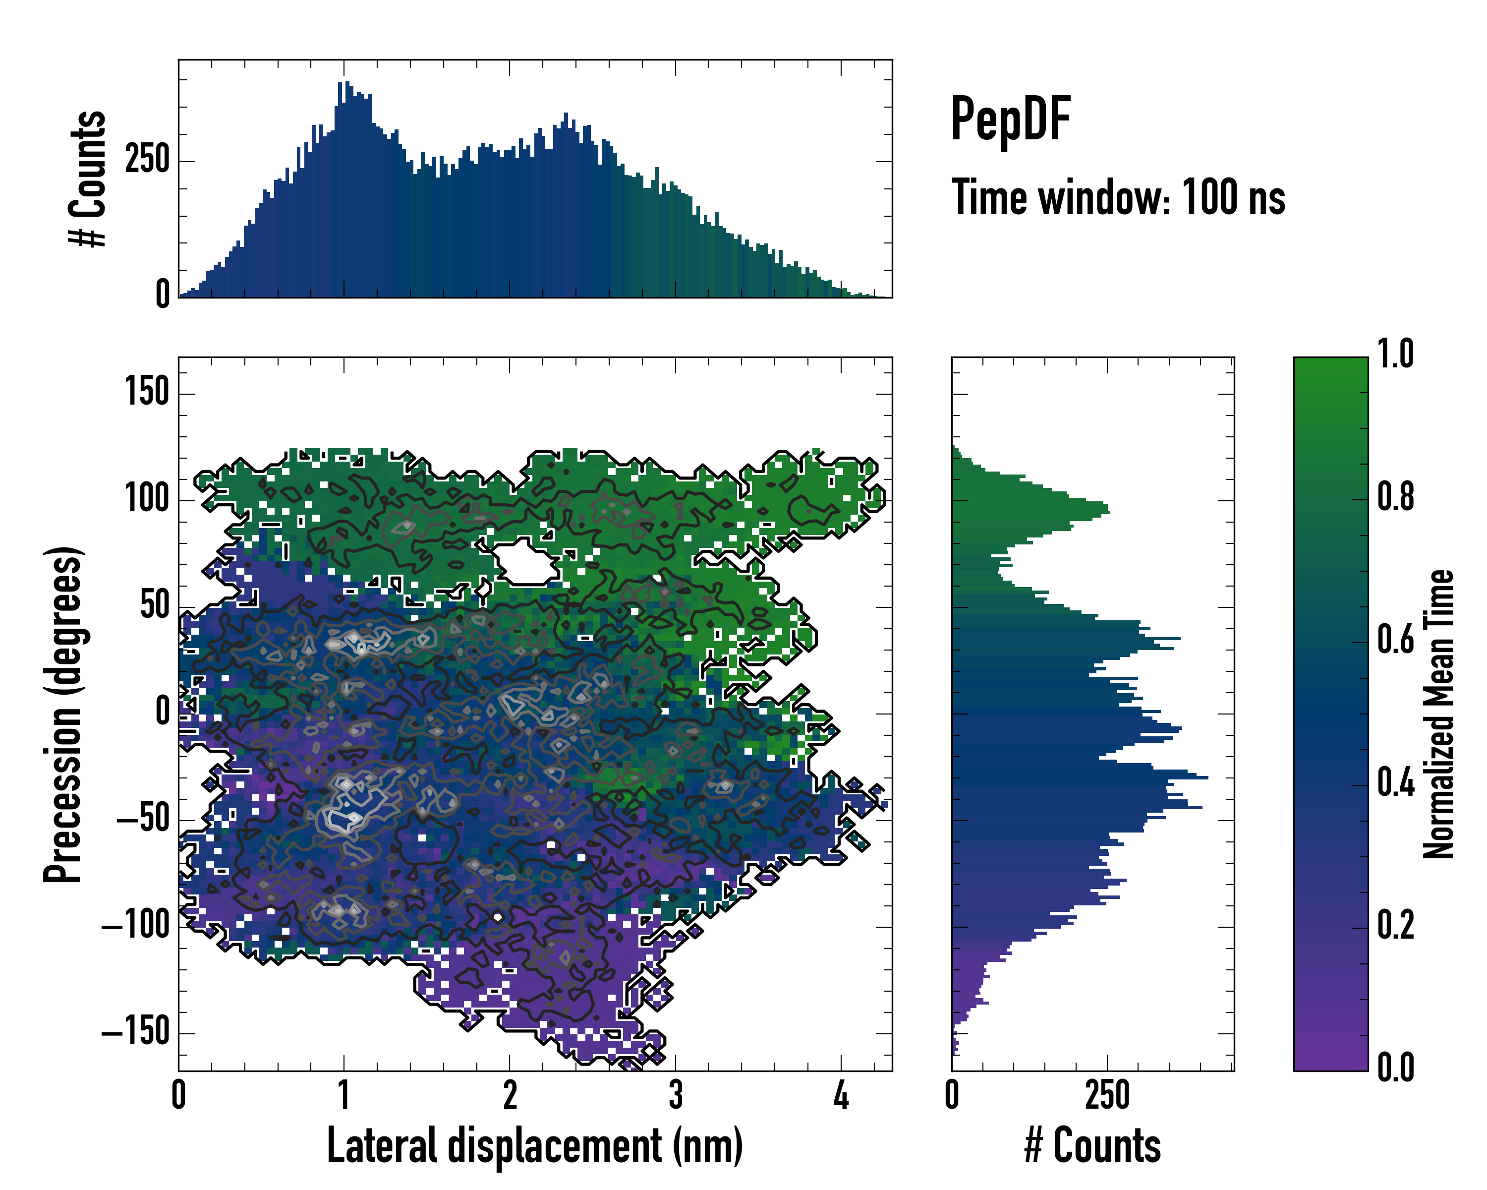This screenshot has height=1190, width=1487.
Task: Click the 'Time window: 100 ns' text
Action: (x=1118, y=198)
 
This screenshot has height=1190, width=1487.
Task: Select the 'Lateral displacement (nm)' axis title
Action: (x=534, y=1146)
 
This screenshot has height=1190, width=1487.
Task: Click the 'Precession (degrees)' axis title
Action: (x=63, y=714)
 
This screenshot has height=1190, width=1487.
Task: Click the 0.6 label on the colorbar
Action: (x=1395, y=640)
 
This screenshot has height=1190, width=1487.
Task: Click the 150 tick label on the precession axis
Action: (x=147, y=393)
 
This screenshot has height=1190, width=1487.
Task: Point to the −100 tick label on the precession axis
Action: (x=135, y=926)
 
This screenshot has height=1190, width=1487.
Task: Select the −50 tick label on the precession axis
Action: (x=143, y=820)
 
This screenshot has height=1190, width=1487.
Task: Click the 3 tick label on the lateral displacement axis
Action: (x=675, y=1095)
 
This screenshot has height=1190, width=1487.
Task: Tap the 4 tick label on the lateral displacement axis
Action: (x=841, y=1095)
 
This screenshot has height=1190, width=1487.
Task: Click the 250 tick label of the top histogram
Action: (x=147, y=160)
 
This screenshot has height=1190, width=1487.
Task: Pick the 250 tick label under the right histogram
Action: (x=1107, y=1095)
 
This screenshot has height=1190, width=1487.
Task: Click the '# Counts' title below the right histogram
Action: (x=1092, y=1146)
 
